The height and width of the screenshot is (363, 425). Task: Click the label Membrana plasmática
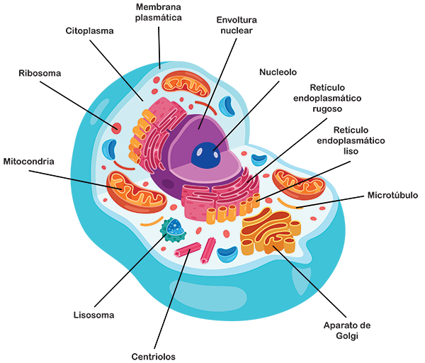(x=159, y=13)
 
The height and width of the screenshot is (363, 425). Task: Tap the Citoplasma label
(x=90, y=31)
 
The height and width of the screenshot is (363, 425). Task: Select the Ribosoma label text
(x=40, y=73)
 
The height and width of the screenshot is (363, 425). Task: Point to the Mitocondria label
(x=29, y=161)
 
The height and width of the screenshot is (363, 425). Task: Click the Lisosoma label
(x=93, y=314)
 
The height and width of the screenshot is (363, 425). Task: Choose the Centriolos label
(x=154, y=356)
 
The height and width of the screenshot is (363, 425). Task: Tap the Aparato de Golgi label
(x=347, y=330)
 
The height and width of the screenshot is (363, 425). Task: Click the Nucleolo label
(x=278, y=72)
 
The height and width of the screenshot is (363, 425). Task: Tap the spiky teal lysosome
(x=173, y=229)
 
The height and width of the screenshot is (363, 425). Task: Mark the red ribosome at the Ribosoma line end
(x=115, y=128)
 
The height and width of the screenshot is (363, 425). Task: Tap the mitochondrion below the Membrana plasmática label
(x=186, y=85)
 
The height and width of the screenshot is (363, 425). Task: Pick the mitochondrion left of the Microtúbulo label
(x=298, y=183)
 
